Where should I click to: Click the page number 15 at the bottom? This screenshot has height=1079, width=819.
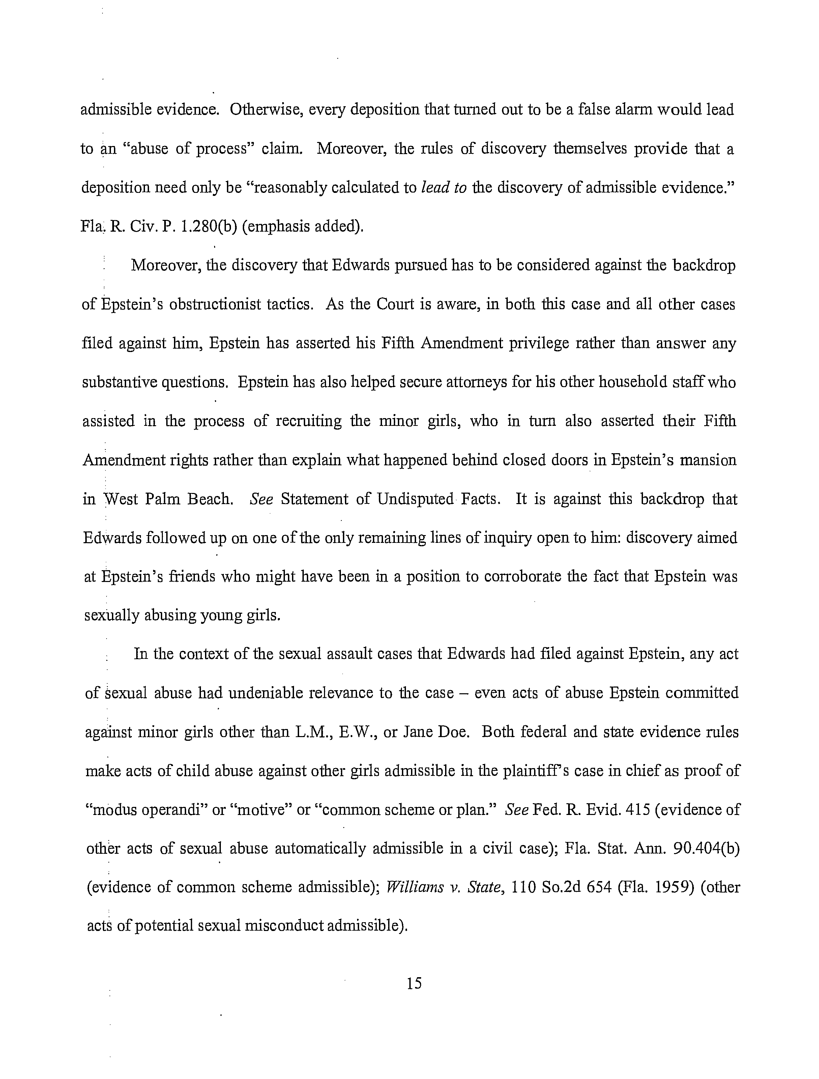pos(414,983)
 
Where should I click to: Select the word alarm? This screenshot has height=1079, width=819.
pos(630,110)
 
